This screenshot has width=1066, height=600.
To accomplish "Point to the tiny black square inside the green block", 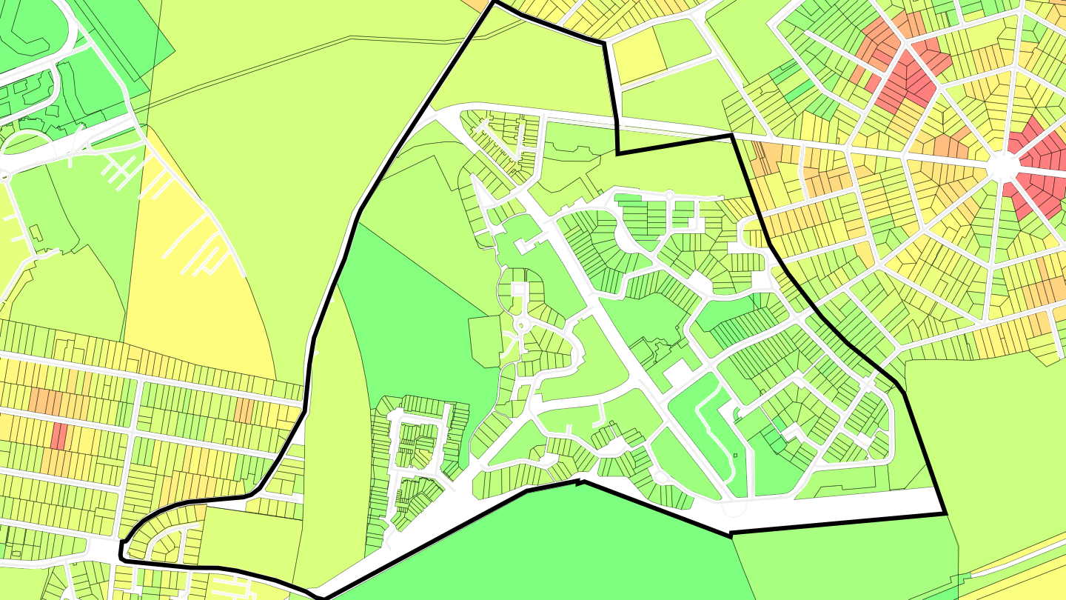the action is [735, 455].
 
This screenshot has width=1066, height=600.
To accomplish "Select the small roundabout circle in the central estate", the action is [521, 324].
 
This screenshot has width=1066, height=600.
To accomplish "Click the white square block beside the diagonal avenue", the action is [677, 375].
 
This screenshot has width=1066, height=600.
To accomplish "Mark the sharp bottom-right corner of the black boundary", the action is [945, 513].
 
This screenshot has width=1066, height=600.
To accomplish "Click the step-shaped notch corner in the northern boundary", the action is [618, 153].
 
